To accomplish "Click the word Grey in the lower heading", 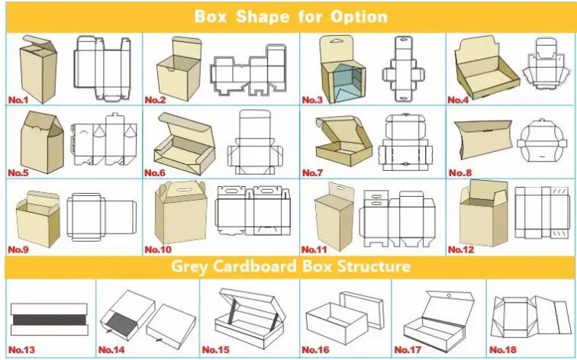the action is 189,266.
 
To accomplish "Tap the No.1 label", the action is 18,100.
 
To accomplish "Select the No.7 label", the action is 312,172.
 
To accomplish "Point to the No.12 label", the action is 461,249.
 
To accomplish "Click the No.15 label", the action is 216,350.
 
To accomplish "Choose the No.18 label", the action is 503,350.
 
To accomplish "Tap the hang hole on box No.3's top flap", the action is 337,41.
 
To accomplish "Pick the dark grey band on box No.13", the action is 50,320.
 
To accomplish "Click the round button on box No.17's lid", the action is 449,296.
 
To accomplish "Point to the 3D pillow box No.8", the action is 484,138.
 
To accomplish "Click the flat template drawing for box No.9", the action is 102,217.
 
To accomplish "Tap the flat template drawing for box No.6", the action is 255,142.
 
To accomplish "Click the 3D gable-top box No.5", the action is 42,142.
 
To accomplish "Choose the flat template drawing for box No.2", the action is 248,70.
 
